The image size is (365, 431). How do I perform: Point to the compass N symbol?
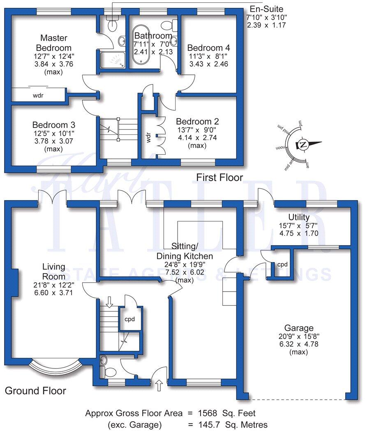coord(303,144)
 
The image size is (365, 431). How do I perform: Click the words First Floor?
coord(219,177)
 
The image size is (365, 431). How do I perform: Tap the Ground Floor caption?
coord(35,390)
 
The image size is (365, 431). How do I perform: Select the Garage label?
coord(301,328)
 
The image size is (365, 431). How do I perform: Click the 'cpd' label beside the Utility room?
coord(282,265)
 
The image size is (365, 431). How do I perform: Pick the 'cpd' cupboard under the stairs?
coord(130,319)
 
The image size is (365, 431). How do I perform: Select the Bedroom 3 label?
coord(53,125)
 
